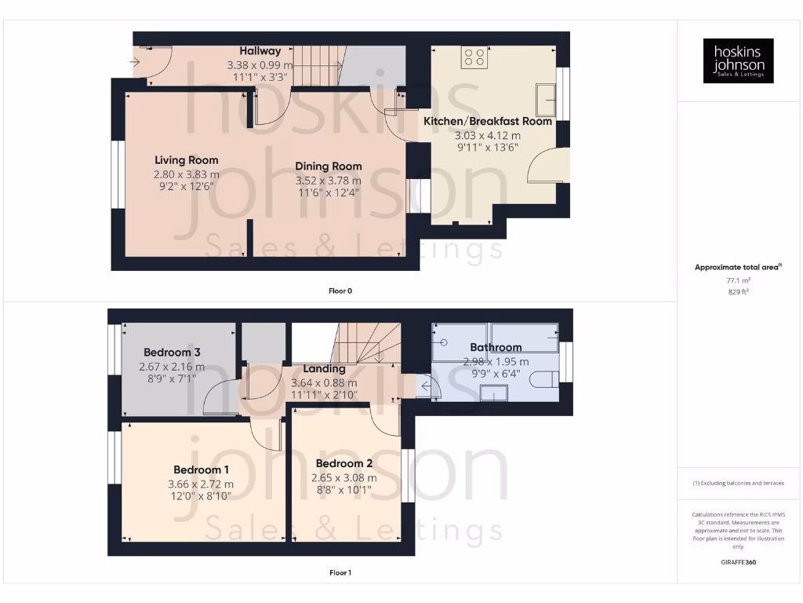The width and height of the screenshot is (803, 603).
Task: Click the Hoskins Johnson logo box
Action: click(738, 61)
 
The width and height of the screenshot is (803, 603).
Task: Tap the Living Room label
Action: click(186, 160)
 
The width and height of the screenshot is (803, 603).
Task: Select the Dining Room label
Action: click(329, 166)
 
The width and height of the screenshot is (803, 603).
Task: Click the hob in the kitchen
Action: click(474, 57)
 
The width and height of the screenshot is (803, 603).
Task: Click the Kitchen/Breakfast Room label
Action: click(488, 122)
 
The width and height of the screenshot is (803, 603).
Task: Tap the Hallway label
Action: click(260, 51)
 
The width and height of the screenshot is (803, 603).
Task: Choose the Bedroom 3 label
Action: click(173, 353)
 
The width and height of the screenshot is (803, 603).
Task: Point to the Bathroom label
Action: click(496, 347)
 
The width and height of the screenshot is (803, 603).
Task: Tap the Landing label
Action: click(324, 369)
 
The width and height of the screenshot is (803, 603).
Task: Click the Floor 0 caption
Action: click(340, 291)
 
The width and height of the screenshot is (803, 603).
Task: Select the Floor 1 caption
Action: click(340, 573)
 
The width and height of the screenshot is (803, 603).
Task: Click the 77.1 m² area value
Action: click(738, 280)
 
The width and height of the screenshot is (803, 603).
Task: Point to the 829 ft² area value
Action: click(738, 291)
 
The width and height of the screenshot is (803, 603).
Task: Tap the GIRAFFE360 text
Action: click(738, 562)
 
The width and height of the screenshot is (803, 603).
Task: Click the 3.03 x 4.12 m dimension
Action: click(488, 135)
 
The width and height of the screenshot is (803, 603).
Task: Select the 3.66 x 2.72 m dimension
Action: click(201, 484)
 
